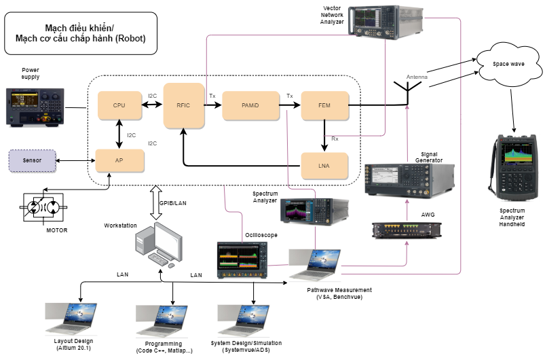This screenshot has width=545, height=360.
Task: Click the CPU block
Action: [119, 105]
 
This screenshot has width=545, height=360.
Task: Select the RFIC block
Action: [184, 105]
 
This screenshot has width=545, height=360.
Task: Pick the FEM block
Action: [324, 105]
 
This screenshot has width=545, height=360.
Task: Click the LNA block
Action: [324, 166]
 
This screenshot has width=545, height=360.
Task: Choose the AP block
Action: [119, 160]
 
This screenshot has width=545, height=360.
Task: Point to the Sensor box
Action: [32, 161]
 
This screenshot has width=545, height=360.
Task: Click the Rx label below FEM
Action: [335, 139]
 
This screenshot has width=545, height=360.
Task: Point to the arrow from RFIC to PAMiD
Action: [212, 105]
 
